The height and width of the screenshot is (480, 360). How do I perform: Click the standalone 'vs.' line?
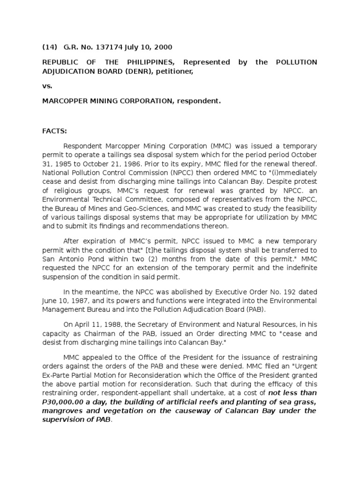pyautogui.click(x=47, y=86)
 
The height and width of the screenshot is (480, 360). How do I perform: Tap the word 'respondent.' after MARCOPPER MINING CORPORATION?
pyautogui.click(x=198, y=101)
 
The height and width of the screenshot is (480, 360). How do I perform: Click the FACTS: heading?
pyautogui.click(x=55, y=132)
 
